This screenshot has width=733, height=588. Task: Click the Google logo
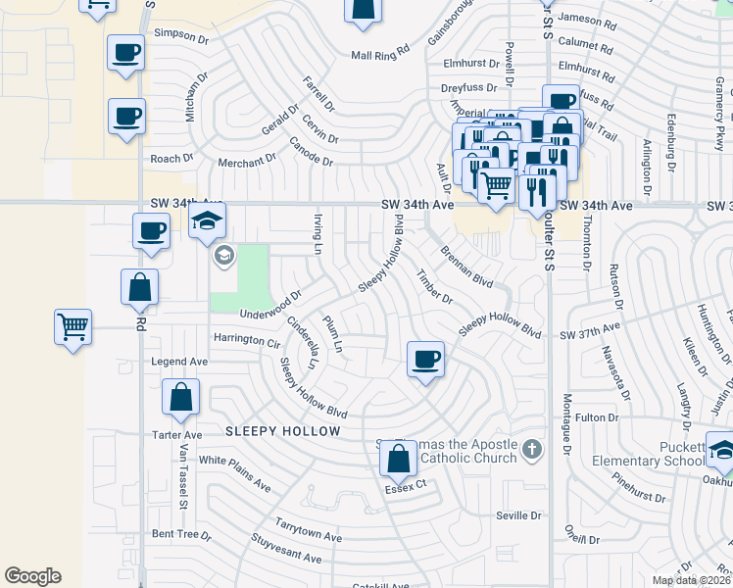click(x=32, y=576)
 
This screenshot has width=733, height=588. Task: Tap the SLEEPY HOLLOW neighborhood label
click(x=282, y=431)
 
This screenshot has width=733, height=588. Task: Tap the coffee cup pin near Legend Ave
click(x=424, y=359)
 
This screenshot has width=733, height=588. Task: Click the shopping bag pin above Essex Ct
click(x=398, y=457)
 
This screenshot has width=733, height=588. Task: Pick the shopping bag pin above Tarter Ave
click(x=181, y=397)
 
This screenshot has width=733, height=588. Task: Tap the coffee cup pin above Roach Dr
click(x=126, y=117)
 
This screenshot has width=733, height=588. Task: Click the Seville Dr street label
click(x=518, y=515)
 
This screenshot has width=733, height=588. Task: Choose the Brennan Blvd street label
click(x=465, y=266)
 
